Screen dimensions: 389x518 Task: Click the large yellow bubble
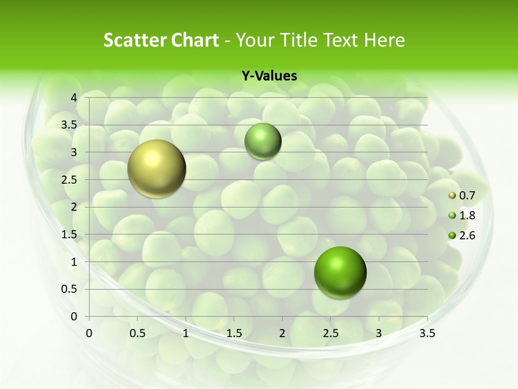point(156,169)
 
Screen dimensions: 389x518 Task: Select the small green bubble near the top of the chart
point(263,141)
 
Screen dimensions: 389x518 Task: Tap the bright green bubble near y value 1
point(340,272)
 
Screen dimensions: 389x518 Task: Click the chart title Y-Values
point(269,76)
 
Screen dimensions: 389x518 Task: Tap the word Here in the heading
point(385,40)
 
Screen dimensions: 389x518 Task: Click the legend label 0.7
point(467,196)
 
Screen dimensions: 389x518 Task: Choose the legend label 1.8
point(467,216)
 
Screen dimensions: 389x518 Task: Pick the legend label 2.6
point(467,236)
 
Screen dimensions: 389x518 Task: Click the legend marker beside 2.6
point(452,236)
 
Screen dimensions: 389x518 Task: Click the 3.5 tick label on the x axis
point(427,333)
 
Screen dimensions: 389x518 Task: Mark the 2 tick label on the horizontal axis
point(282,333)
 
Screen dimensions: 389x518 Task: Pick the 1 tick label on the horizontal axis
point(186,333)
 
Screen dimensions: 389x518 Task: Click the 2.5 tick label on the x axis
point(330,333)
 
